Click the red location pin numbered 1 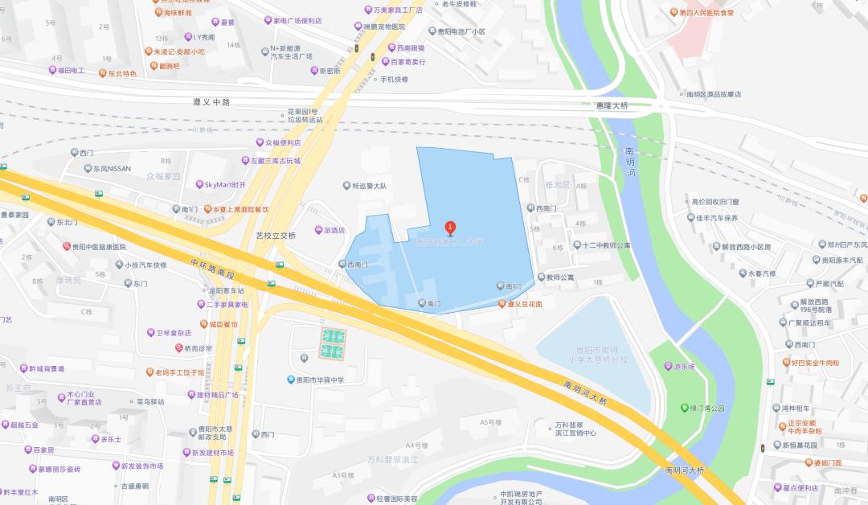(x=451, y=228)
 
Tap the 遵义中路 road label (x=211, y=102)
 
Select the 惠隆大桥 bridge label (x=608, y=106)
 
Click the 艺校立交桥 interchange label (x=276, y=236)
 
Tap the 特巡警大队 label (x=370, y=186)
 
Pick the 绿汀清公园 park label (x=707, y=409)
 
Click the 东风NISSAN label (x=111, y=169)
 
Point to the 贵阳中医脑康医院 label (x=99, y=247)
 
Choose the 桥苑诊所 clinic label (x=198, y=348)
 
